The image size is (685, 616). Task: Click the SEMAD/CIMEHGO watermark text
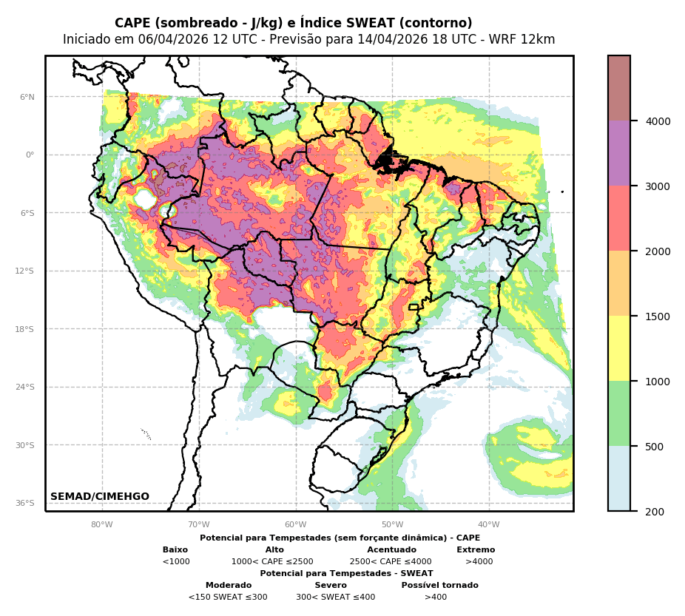click(100, 497)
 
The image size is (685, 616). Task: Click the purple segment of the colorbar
click(619, 153)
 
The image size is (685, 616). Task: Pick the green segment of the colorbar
click(619, 413)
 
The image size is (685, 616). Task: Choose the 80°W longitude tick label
click(102, 525)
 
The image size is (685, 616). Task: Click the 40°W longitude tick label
click(489, 525)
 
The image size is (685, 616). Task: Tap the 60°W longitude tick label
click(295, 525)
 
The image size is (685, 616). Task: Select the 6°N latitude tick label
click(27, 97)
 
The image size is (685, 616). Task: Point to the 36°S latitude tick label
click(25, 503)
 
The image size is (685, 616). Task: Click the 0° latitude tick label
click(30, 155)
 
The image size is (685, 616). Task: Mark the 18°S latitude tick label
click(25, 329)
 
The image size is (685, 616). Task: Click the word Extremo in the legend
click(476, 550)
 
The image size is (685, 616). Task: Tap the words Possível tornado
click(439, 586)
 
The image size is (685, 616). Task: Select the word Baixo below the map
click(175, 550)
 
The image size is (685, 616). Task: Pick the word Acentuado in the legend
click(391, 550)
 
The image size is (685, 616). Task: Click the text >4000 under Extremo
click(479, 562)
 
